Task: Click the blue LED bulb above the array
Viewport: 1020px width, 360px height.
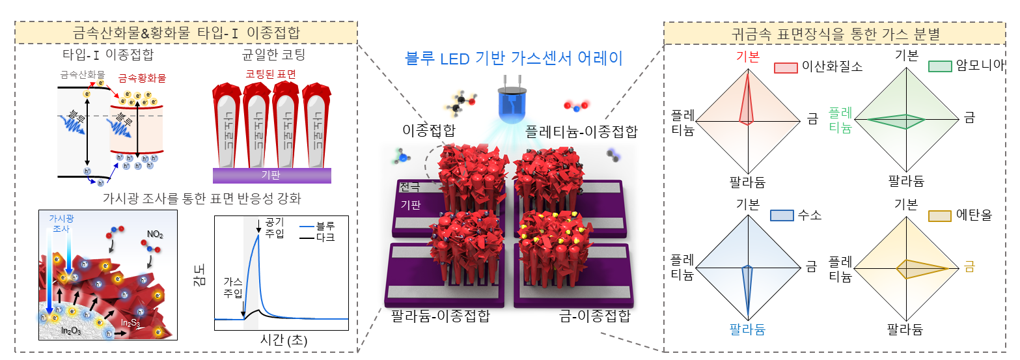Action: pyautogui.click(x=509, y=105)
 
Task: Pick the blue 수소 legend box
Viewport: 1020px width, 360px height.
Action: pyautogui.click(x=782, y=215)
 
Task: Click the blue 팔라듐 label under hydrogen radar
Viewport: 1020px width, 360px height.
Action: pyautogui.click(x=747, y=329)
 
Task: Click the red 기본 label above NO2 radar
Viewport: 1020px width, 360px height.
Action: pyautogui.click(x=747, y=56)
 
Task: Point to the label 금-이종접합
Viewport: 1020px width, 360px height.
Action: pyautogui.click(x=594, y=317)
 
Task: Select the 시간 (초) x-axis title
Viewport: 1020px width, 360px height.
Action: pyautogui.click(x=283, y=340)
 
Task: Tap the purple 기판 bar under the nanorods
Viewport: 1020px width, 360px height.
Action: pyautogui.click(x=272, y=176)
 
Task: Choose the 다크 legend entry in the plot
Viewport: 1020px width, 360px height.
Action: pyautogui.click(x=325, y=238)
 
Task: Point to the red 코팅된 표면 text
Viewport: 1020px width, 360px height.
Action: pyautogui.click(x=271, y=75)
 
